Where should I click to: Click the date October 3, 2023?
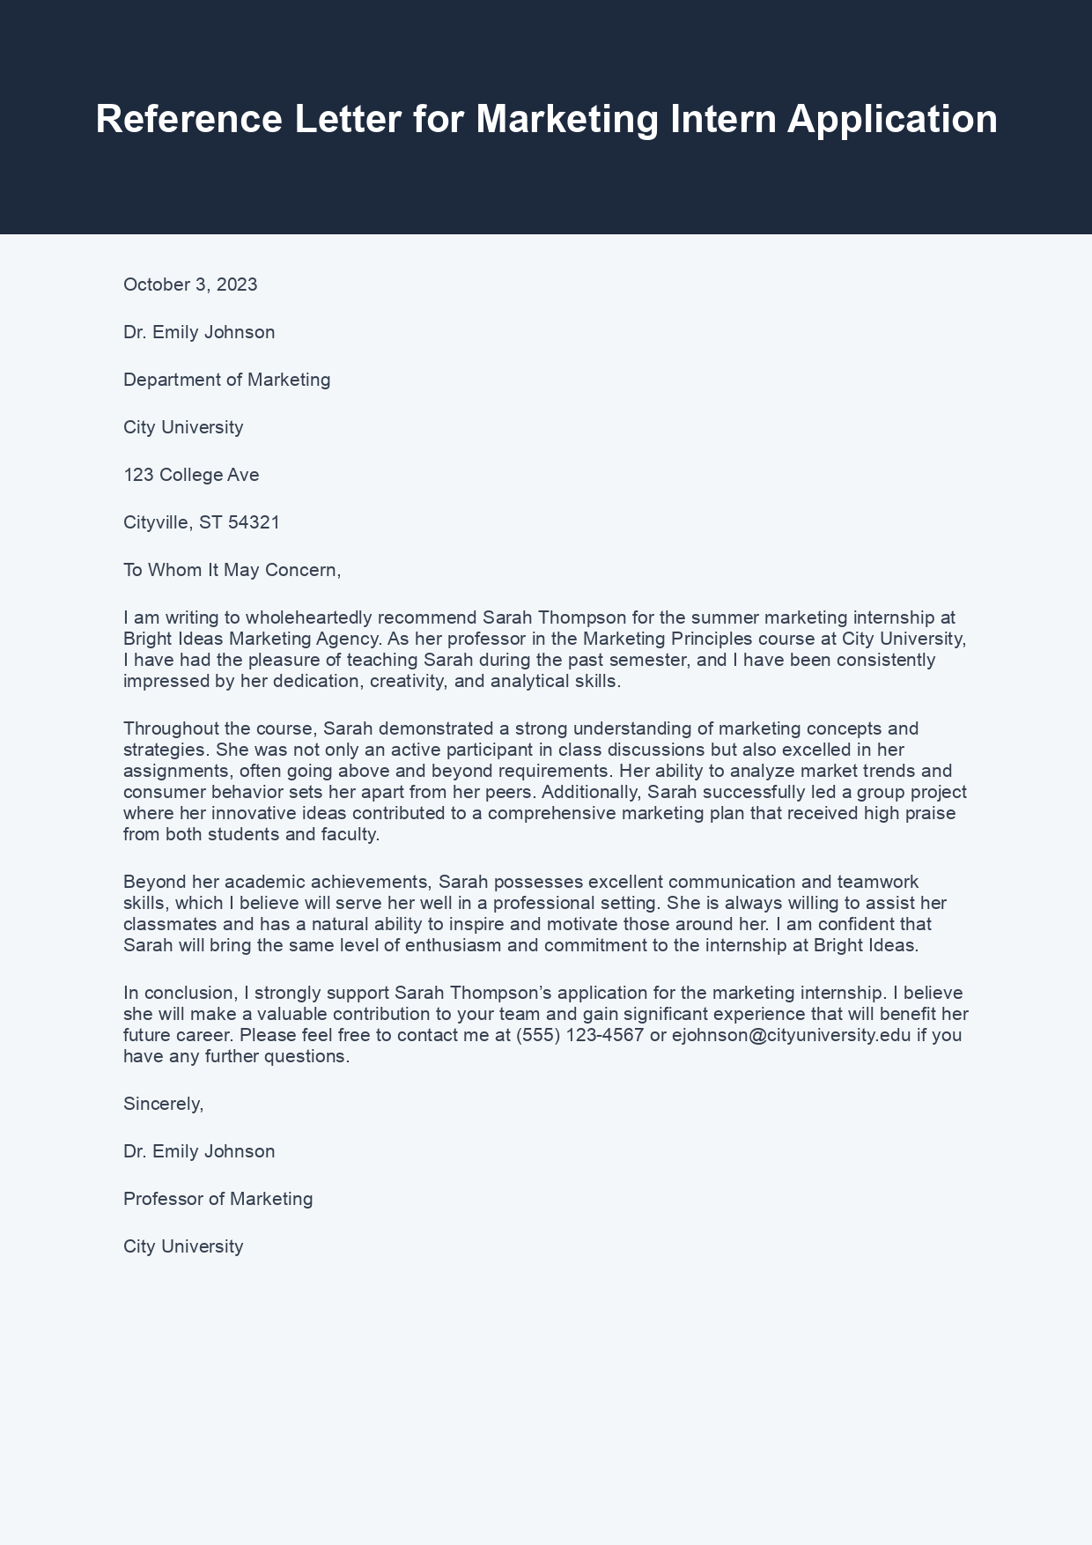(190, 285)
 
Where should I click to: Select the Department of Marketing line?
(226, 380)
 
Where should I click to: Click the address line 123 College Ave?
(191, 475)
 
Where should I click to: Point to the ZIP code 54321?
(254, 522)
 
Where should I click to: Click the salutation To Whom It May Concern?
(231, 570)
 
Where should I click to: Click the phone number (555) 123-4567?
(579, 1035)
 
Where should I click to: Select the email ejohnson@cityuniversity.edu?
(791, 1035)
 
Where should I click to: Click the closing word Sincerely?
(163, 1104)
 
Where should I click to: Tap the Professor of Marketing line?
(218, 1199)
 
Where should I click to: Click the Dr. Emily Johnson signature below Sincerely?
(199, 1151)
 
